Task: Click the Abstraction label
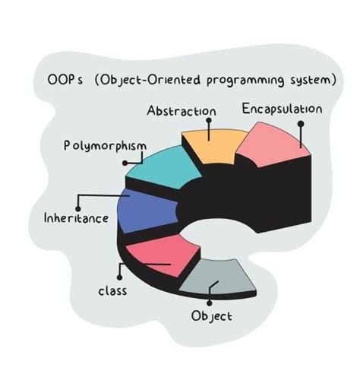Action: pos(180,111)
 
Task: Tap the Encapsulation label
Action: pos(282,109)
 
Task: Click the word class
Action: pos(112,290)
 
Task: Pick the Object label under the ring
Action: pos(211,316)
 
